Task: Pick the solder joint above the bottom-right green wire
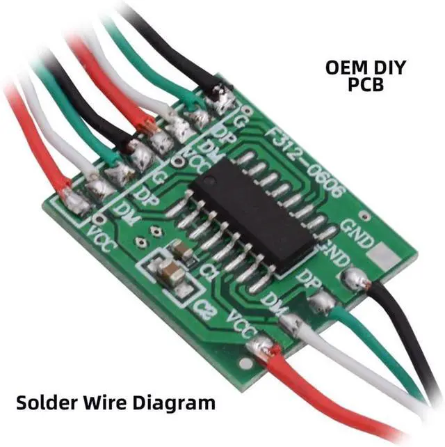point(321,302)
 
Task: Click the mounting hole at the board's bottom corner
point(245,363)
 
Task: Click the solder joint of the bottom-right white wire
point(291,322)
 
